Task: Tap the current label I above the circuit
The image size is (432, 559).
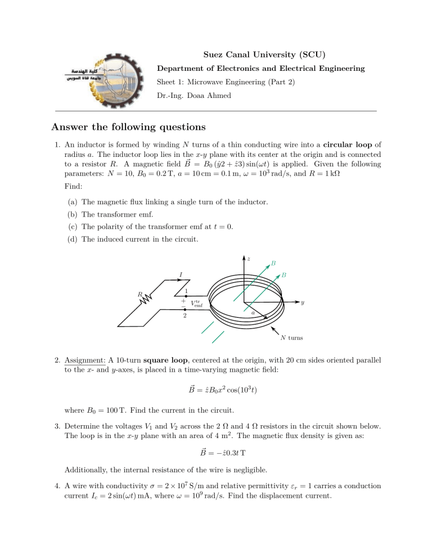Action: [180, 274]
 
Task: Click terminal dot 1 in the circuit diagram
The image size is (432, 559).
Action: [185, 295]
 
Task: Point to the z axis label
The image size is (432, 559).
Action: [248, 259]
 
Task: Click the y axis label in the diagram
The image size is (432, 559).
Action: [303, 302]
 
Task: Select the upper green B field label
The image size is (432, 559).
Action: [273, 263]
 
